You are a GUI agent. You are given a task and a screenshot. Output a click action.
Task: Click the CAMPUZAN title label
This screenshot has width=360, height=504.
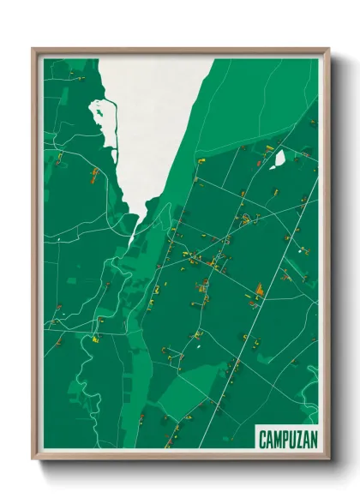pos(286,438)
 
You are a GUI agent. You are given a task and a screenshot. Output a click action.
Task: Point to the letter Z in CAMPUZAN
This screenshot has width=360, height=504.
pos(296,438)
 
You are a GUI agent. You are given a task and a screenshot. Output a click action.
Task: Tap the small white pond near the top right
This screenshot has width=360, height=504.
pos(278,159)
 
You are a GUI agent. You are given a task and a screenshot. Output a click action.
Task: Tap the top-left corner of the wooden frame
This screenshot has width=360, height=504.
pos(34,50)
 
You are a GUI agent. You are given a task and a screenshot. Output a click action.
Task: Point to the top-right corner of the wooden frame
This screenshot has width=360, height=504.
pos(328,50)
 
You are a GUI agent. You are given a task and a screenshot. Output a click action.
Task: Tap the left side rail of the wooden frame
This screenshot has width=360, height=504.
pos(34,257)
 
